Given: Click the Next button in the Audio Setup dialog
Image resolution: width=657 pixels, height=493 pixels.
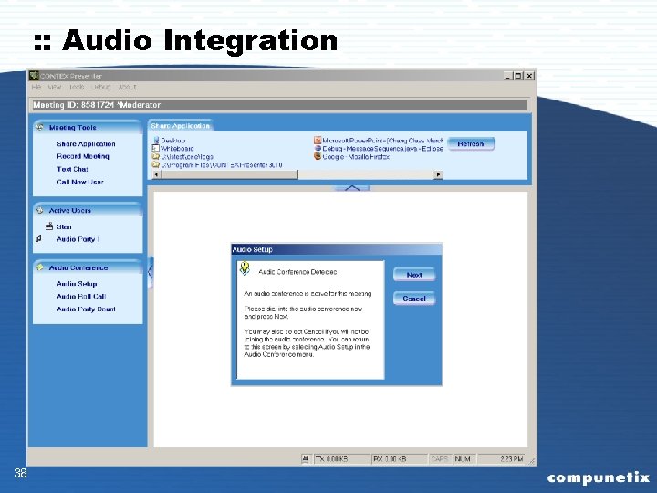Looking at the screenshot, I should coord(414,275).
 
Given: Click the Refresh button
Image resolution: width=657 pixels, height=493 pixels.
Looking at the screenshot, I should coord(471,144).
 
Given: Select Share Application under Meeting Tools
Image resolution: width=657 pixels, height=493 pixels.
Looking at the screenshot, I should coord(86,144).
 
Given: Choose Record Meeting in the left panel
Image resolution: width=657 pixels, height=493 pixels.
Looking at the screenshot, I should coord(82,156).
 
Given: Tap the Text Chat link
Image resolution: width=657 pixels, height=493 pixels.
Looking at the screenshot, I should coord(72,169).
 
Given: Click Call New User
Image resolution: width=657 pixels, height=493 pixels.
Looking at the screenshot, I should coord(79,182).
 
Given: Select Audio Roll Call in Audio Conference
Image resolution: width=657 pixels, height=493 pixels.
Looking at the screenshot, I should coord(80,297).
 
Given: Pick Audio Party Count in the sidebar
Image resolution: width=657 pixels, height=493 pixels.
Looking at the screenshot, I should coord(86,309).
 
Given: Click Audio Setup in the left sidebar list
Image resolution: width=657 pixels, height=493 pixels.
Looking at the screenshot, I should coord(76,284).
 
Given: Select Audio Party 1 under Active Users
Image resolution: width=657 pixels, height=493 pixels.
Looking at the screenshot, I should coord(78,239).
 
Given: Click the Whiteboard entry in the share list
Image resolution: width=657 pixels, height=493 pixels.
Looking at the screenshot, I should coord(177,148).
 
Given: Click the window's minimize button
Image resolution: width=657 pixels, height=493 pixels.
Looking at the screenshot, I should coord(506,76).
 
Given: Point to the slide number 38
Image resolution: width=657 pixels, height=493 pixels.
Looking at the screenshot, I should coord(20,473).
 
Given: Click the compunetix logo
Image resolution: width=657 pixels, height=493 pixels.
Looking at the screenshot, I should coord(598,477).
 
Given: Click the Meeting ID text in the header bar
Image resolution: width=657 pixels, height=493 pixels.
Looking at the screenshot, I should coord(97,106).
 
